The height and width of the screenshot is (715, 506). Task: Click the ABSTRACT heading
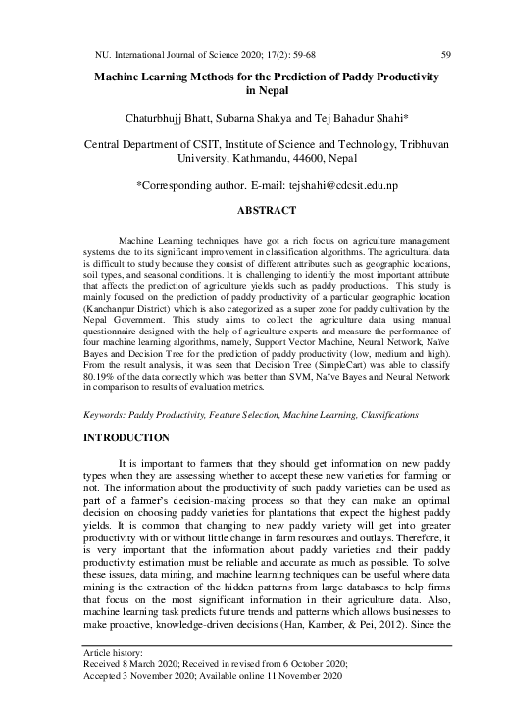point(267,210)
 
